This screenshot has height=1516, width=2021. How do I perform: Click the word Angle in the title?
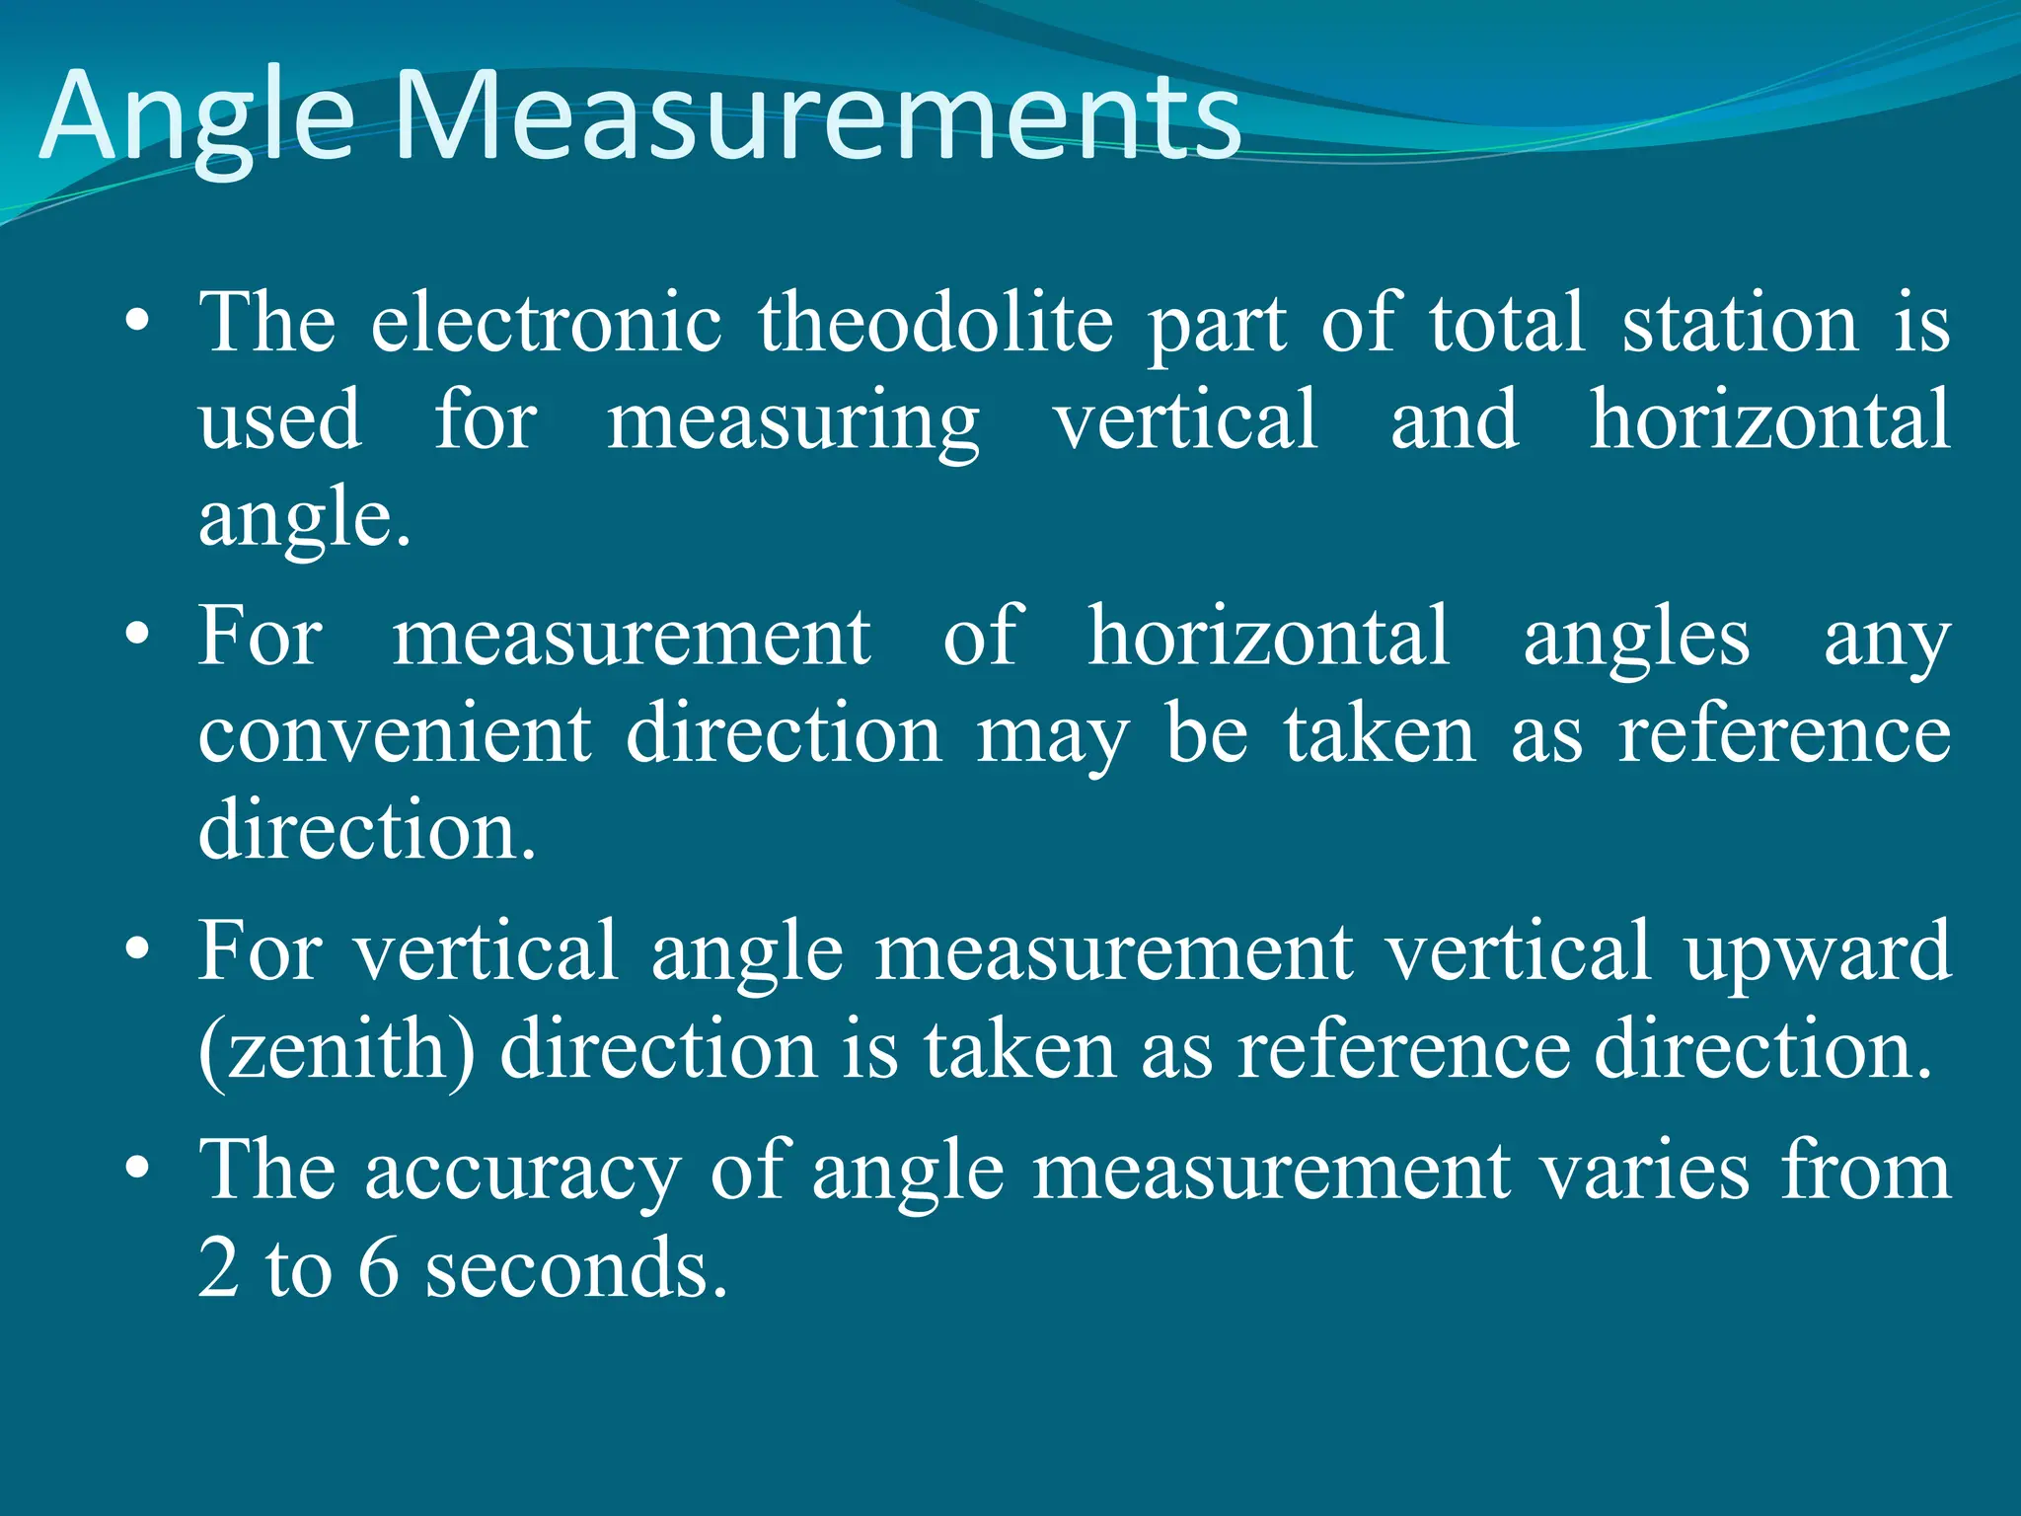point(197,118)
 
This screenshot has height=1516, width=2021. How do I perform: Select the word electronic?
point(546,324)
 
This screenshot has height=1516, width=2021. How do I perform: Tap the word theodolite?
point(936,324)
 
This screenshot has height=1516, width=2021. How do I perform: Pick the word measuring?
point(792,422)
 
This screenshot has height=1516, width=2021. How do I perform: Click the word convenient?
point(395,735)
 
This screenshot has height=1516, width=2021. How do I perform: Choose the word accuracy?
point(522,1173)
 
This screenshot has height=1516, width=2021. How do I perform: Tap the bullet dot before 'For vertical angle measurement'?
point(137,949)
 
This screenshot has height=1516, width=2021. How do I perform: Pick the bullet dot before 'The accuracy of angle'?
point(137,1169)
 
